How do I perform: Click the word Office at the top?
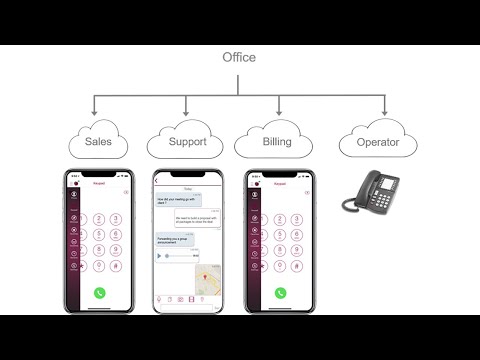point(239,57)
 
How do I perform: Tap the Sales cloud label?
point(98,142)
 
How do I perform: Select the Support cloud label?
point(186,142)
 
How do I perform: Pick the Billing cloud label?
point(276,142)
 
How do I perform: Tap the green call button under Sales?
point(100,293)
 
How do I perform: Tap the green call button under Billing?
point(281,293)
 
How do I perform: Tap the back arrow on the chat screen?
point(158,181)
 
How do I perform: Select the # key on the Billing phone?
point(297,267)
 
